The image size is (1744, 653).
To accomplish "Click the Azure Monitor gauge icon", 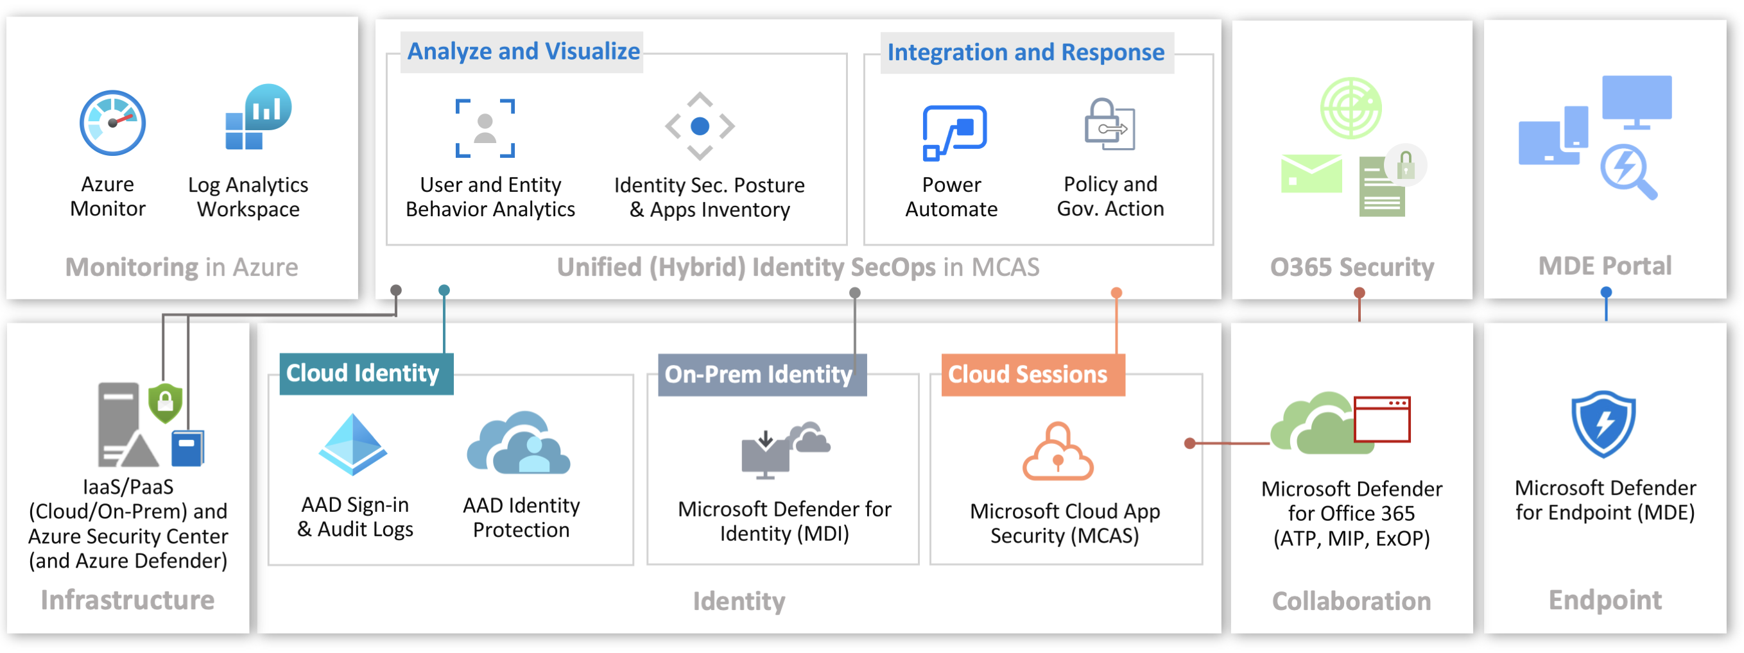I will [x=112, y=123].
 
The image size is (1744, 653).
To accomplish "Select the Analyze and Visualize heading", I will [x=522, y=51].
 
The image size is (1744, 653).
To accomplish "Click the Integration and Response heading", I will [x=1025, y=53].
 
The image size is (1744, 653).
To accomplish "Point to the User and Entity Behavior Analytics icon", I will [x=485, y=128].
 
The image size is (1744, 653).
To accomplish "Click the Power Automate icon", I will [x=953, y=133].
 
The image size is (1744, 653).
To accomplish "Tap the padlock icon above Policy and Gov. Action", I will [x=1109, y=124].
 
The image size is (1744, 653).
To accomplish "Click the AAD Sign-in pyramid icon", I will [x=353, y=445].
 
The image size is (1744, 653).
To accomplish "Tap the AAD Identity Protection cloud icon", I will [x=519, y=443].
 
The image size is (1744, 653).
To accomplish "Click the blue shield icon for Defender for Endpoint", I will [x=1603, y=424].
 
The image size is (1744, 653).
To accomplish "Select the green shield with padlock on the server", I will [x=165, y=403].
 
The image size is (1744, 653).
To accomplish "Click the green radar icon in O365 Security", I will [x=1351, y=108].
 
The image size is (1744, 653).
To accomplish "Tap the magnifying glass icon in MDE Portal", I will [x=1628, y=171].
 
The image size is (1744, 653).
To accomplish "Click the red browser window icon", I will [x=1382, y=420].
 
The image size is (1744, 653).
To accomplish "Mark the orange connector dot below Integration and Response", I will [x=1116, y=293].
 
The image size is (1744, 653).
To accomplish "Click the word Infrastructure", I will [x=127, y=601].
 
